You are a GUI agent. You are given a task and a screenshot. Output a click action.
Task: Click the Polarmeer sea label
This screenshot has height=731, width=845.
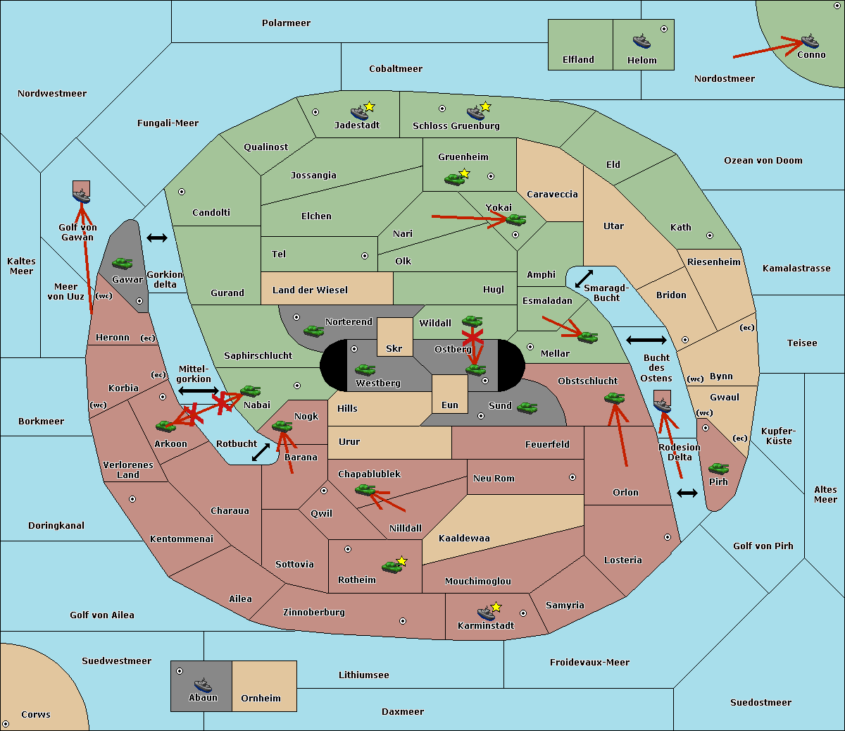286,23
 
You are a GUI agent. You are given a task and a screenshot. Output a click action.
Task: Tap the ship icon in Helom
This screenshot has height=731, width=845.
641,41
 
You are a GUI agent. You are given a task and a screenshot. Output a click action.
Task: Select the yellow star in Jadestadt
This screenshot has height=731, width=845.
369,107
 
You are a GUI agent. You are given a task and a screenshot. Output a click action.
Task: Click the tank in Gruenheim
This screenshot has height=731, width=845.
454,179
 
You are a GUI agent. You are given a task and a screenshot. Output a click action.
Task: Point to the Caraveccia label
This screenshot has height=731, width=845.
552,194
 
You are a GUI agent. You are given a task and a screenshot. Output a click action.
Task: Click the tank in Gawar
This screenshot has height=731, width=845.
123,263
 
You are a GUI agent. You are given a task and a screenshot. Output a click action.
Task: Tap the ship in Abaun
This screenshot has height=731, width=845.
203,684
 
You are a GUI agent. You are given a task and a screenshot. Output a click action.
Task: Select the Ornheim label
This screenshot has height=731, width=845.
261,698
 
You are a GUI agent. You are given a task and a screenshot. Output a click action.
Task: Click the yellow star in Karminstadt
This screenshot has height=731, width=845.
496,606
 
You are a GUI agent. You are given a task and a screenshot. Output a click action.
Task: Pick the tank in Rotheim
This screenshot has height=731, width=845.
392,567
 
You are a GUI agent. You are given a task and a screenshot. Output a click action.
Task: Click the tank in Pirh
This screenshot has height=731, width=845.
718,468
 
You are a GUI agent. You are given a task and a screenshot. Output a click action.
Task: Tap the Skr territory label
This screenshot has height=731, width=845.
394,348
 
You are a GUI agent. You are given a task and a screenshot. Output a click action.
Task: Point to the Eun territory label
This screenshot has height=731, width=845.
450,405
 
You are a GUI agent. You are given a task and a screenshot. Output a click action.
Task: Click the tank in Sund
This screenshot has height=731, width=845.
527,408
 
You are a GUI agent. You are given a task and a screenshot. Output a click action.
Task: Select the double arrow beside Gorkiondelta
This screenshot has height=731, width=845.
157,238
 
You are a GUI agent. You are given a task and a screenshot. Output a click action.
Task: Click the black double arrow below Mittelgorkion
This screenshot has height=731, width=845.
199,391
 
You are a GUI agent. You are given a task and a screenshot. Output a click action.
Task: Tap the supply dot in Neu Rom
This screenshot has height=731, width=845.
572,477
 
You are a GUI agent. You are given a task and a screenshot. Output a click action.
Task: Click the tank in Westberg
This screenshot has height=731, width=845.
365,370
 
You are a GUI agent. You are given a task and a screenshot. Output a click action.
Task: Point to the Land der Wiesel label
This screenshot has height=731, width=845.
310,290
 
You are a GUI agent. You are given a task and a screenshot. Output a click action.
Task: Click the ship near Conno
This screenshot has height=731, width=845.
809,41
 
